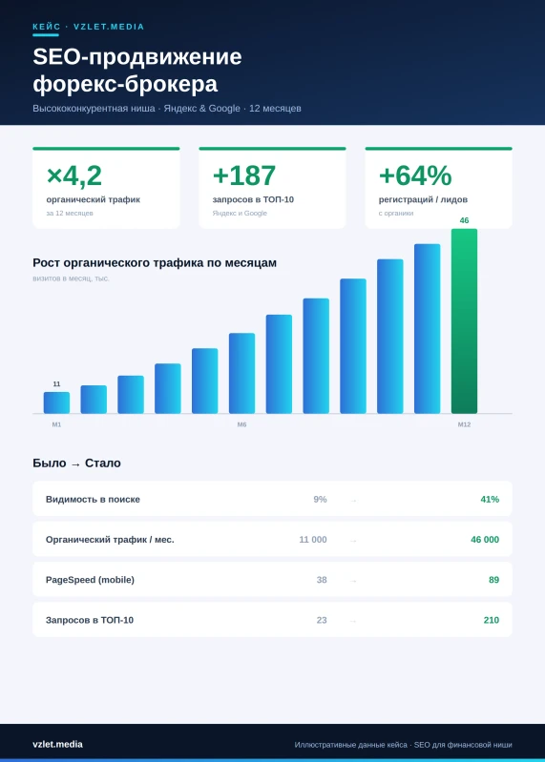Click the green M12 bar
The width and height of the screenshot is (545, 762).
pos(464,321)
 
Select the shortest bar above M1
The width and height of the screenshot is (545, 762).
pos(56,402)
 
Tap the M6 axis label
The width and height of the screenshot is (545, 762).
pos(241,424)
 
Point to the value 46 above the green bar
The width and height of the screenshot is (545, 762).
pos(464,220)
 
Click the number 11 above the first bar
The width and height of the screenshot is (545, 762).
pos(56,384)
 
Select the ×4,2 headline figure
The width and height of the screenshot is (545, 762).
pos(73,175)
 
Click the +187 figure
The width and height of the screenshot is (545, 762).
pos(244,175)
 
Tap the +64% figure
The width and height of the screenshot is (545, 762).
pos(415,175)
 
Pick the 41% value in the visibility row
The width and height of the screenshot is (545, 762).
pos(490,499)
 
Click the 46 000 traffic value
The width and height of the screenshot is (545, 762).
pos(485,540)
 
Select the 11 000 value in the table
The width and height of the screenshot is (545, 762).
pos(313,540)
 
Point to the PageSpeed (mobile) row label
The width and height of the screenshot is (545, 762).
pos(90,580)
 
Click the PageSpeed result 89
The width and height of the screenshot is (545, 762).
pos(494,580)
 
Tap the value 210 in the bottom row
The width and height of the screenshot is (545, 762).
pos(491,620)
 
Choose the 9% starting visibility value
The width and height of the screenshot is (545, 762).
pos(320,499)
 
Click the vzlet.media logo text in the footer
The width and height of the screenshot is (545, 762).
pos(57,745)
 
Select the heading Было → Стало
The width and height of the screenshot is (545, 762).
pos(76,463)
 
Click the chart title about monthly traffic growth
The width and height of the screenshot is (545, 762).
pos(155,263)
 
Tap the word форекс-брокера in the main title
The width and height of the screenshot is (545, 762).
pos(125,84)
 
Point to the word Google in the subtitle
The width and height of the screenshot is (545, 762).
pos(224,109)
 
